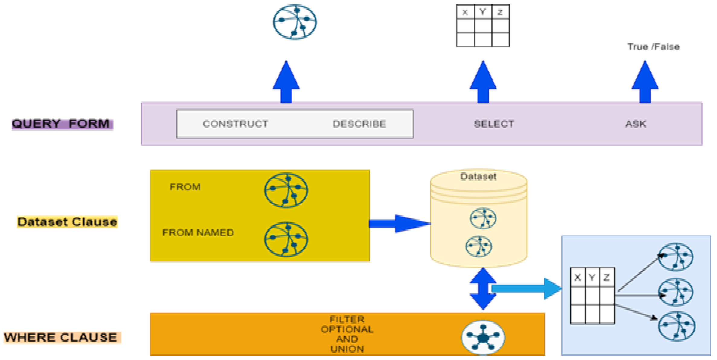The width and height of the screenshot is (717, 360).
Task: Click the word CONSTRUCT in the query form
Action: pos(235,124)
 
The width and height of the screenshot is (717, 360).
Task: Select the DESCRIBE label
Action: pos(359,124)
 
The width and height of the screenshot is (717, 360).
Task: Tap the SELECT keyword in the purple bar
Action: pos(494,124)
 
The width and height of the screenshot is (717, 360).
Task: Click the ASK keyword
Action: pos(635,124)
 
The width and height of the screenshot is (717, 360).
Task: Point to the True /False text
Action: pos(653,47)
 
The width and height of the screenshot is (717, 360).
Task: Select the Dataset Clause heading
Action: pos(67,222)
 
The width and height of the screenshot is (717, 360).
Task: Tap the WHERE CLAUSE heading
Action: pos(61,337)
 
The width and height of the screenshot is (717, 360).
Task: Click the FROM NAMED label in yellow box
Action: pos(198,232)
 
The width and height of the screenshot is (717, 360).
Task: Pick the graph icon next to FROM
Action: pos(286,190)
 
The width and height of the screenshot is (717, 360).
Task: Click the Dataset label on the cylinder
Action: pos(478,177)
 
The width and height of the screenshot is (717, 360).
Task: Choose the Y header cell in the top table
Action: pos(482,12)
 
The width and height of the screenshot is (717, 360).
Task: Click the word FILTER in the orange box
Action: pos(347,319)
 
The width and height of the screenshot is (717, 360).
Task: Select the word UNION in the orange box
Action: pos(347,349)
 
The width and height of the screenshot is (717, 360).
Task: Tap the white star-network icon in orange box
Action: pos(483,337)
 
